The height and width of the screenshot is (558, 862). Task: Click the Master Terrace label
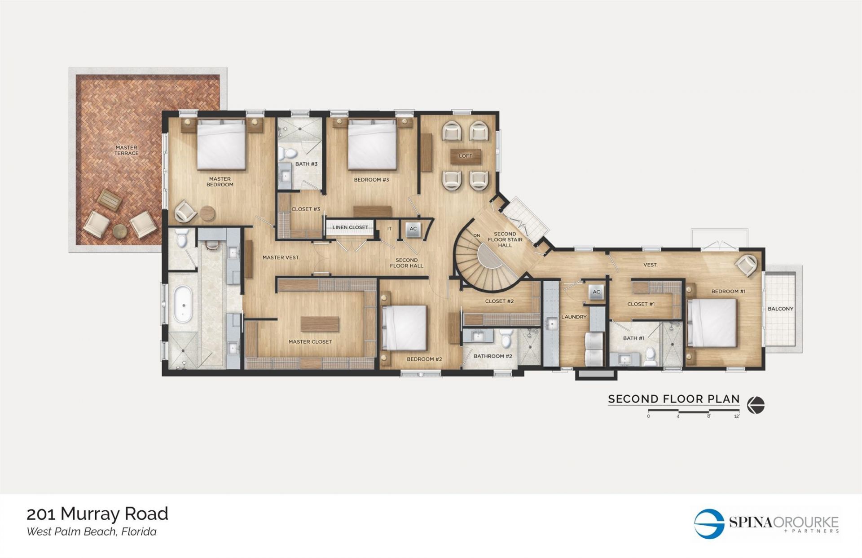coord(126,150)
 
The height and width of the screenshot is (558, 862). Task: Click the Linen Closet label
coord(350,227)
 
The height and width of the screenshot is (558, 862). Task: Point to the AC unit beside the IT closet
coord(413,229)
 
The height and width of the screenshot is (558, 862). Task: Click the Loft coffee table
coord(466,156)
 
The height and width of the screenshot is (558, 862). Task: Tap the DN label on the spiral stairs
coord(477,235)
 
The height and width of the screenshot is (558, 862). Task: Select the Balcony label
coord(780,309)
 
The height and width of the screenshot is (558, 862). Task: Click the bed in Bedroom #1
coord(712,323)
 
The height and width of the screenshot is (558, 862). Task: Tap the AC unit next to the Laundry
coord(596,292)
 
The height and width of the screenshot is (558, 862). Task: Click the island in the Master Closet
coord(320,323)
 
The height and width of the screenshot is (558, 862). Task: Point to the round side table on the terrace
coord(120,231)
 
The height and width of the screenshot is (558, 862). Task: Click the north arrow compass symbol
coord(756,405)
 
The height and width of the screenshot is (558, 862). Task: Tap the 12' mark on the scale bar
coord(736,416)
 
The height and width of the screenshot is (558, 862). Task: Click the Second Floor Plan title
coord(673,399)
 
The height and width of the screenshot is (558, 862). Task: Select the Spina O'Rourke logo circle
coord(709,523)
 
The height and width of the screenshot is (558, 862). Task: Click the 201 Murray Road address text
coord(97,514)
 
